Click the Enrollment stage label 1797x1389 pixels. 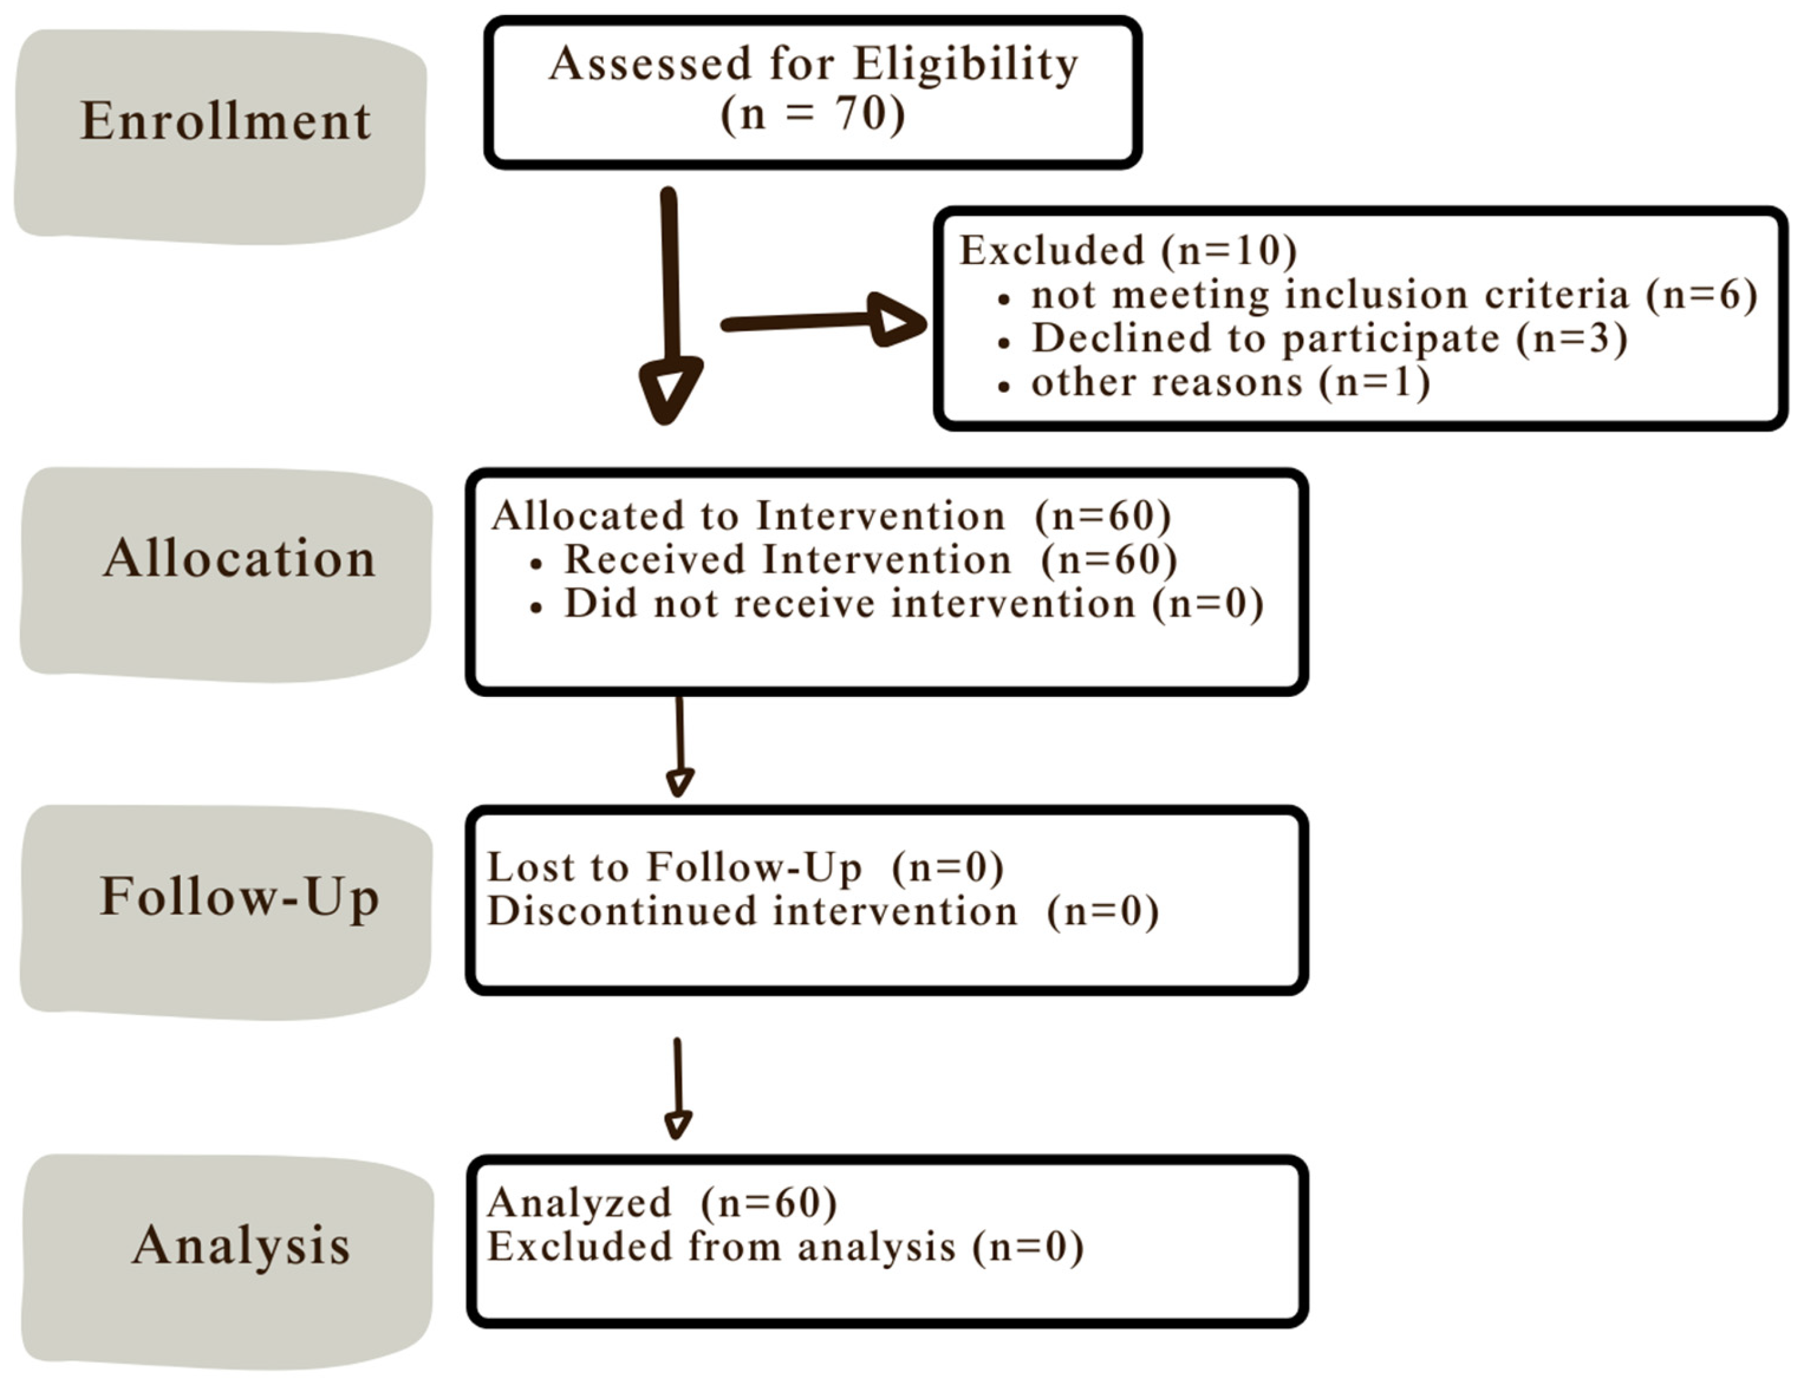[225, 122]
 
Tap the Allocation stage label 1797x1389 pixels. [239, 558]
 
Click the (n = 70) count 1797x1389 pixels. [812, 113]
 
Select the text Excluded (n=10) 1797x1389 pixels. [1128, 250]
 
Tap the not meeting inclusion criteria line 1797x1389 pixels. [1394, 294]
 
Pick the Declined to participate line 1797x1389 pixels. [1329, 338]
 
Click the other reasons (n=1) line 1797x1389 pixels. [1230, 383]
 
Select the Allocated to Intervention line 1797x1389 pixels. [831, 516]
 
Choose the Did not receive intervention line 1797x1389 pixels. [913, 604]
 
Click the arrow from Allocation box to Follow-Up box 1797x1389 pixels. [680, 748]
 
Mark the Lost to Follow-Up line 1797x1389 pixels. [744, 867]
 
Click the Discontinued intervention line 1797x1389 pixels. [822, 911]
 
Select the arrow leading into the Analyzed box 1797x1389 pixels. [677, 1090]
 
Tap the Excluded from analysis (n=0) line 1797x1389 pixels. [785, 1247]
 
